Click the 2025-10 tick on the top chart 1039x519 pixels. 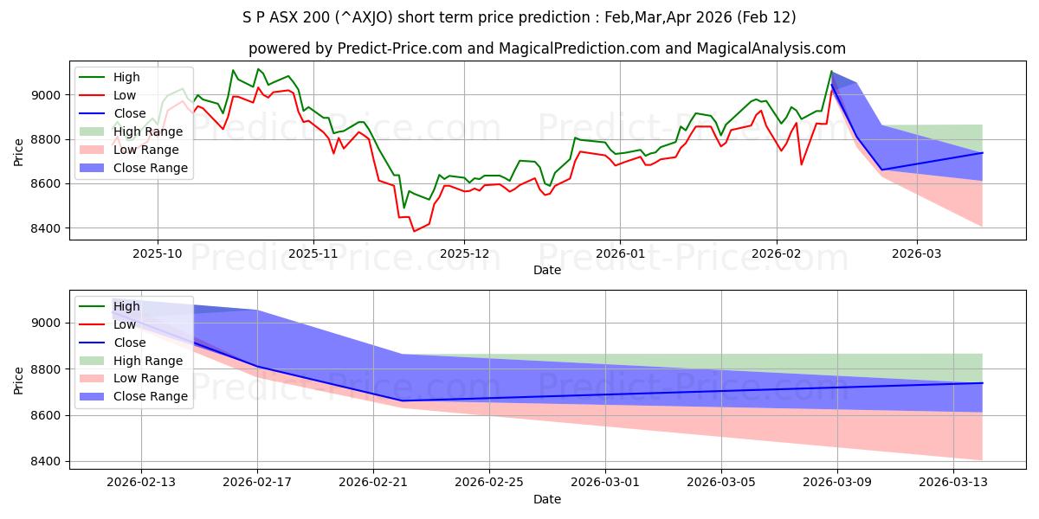coord(157,254)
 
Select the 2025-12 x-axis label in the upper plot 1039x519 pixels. coord(464,254)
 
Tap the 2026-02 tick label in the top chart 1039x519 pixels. coord(776,254)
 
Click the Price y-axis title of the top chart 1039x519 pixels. coord(19,152)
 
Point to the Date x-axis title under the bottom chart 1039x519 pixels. coord(546,499)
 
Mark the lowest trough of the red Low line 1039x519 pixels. coord(414,231)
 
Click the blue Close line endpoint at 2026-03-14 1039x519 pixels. coord(982,153)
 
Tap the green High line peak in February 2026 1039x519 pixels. coord(831,72)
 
